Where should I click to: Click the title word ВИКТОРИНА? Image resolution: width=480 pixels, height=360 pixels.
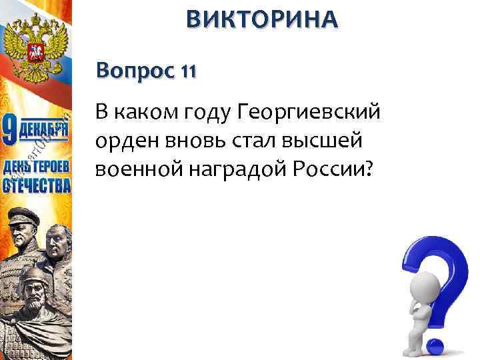pos(262,19)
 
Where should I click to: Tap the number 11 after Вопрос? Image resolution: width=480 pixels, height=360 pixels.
pos(187,70)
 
